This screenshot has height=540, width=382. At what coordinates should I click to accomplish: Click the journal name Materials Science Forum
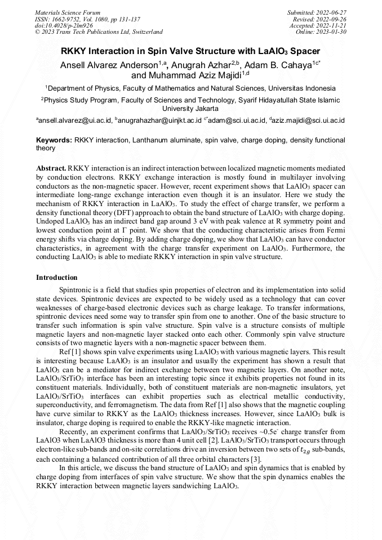(x=68, y=12)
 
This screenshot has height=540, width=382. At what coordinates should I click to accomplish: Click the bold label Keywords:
(x=54, y=140)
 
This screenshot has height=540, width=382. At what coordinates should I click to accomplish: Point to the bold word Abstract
(x=51, y=168)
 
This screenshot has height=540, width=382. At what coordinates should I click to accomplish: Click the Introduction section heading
(x=56, y=278)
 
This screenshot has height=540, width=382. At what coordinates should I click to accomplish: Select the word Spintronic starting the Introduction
(x=76, y=289)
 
